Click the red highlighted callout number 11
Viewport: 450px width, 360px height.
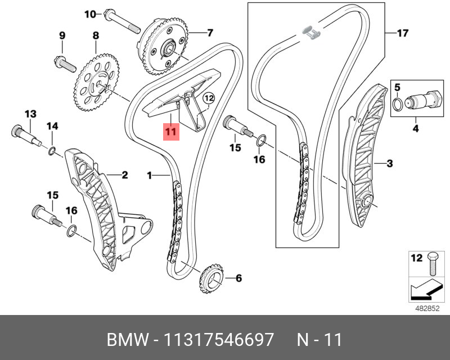(170, 132)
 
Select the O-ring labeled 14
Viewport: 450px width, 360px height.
(52, 150)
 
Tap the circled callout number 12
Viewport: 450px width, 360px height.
(209, 99)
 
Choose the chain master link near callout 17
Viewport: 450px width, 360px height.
(310, 31)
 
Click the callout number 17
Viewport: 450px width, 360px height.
(402, 33)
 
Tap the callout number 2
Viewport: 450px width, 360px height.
(124, 175)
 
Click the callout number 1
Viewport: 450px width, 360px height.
(150, 176)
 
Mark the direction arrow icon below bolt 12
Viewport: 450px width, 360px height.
(422, 289)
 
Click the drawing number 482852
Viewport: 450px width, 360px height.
(426, 308)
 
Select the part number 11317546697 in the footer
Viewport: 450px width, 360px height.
(218, 340)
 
